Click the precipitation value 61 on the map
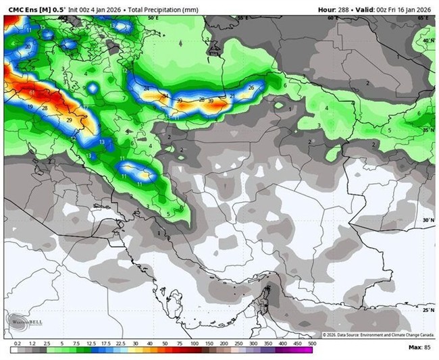point(32,92)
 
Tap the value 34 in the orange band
point(165,96)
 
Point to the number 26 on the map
point(251,88)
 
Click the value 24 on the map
point(147,88)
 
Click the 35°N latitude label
point(428,130)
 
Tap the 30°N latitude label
point(428,220)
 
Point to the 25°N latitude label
point(428,309)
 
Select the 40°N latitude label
point(428,41)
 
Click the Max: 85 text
point(419,346)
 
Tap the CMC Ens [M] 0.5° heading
point(32,9)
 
